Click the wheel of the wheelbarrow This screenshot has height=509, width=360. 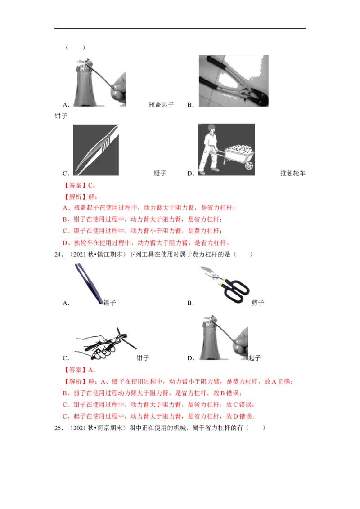[249, 165]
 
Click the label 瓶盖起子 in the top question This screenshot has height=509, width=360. [161, 104]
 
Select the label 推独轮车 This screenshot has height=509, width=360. [293, 174]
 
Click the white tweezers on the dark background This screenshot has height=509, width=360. [96, 150]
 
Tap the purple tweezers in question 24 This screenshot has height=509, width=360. [89, 284]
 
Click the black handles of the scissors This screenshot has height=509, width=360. [235, 290]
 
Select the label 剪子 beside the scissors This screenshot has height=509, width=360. [258, 303]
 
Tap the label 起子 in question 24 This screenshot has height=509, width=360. [254, 358]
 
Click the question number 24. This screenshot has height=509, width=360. [58, 254]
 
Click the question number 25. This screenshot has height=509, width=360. [58, 428]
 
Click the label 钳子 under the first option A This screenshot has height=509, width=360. [61, 116]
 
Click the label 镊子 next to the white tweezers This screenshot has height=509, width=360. [160, 174]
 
